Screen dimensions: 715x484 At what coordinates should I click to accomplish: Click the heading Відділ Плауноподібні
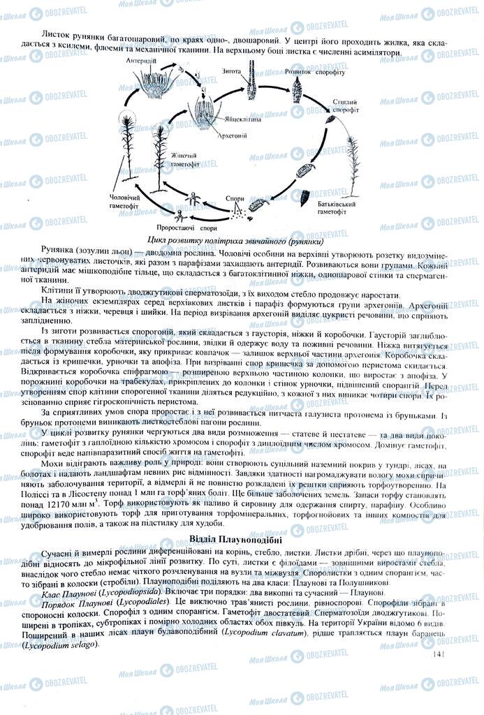[241, 539]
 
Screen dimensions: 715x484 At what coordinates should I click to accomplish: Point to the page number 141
[439, 654]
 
